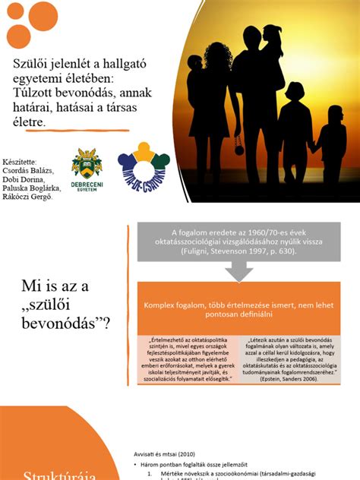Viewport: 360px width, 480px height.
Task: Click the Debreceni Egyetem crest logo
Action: (x=87, y=163)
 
